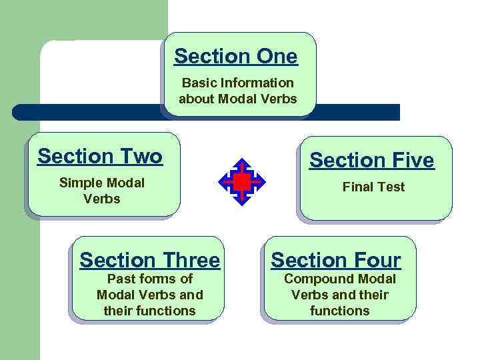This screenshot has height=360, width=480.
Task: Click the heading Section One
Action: pyautogui.click(x=236, y=57)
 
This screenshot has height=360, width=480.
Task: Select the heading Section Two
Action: pyautogui.click(x=100, y=157)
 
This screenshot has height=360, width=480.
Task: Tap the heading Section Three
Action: pyautogui.click(x=149, y=260)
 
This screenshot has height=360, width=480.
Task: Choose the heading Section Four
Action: pyautogui.click(x=336, y=260)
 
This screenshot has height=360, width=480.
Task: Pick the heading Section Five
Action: pyautogui.click(x=371, y=161)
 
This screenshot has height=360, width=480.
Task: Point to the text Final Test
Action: pyautogui.click(x=373, y=187)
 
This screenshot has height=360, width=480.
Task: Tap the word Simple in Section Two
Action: pyautogui.click(x=81, y=183)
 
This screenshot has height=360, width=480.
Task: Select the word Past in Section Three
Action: pyautogui.click(x=122, y=279)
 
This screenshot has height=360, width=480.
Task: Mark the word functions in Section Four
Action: pyautogui.click(x=339, y=311)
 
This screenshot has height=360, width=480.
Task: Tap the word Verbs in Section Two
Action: pyautogui.click(x=102, y=199)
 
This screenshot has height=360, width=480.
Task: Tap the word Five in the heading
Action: pyautogui.click(x=411, y=161)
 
